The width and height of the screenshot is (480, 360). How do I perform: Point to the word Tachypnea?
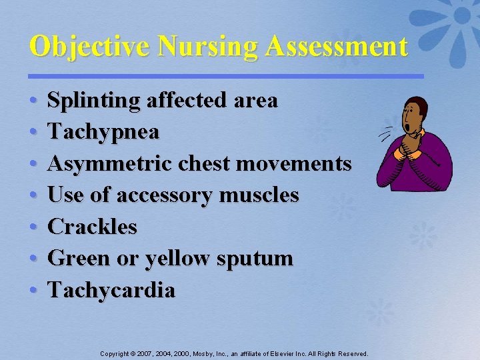tap(104, 133)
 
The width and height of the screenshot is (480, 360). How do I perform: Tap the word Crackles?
tap(93, 227)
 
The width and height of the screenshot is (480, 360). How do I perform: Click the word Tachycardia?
tap(112, 290)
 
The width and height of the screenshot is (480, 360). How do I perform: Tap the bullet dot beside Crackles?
tap(33, 227)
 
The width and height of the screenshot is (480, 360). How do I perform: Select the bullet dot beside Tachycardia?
tap(33, 291)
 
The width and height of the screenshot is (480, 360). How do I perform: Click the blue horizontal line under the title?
tap(226, 76)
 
